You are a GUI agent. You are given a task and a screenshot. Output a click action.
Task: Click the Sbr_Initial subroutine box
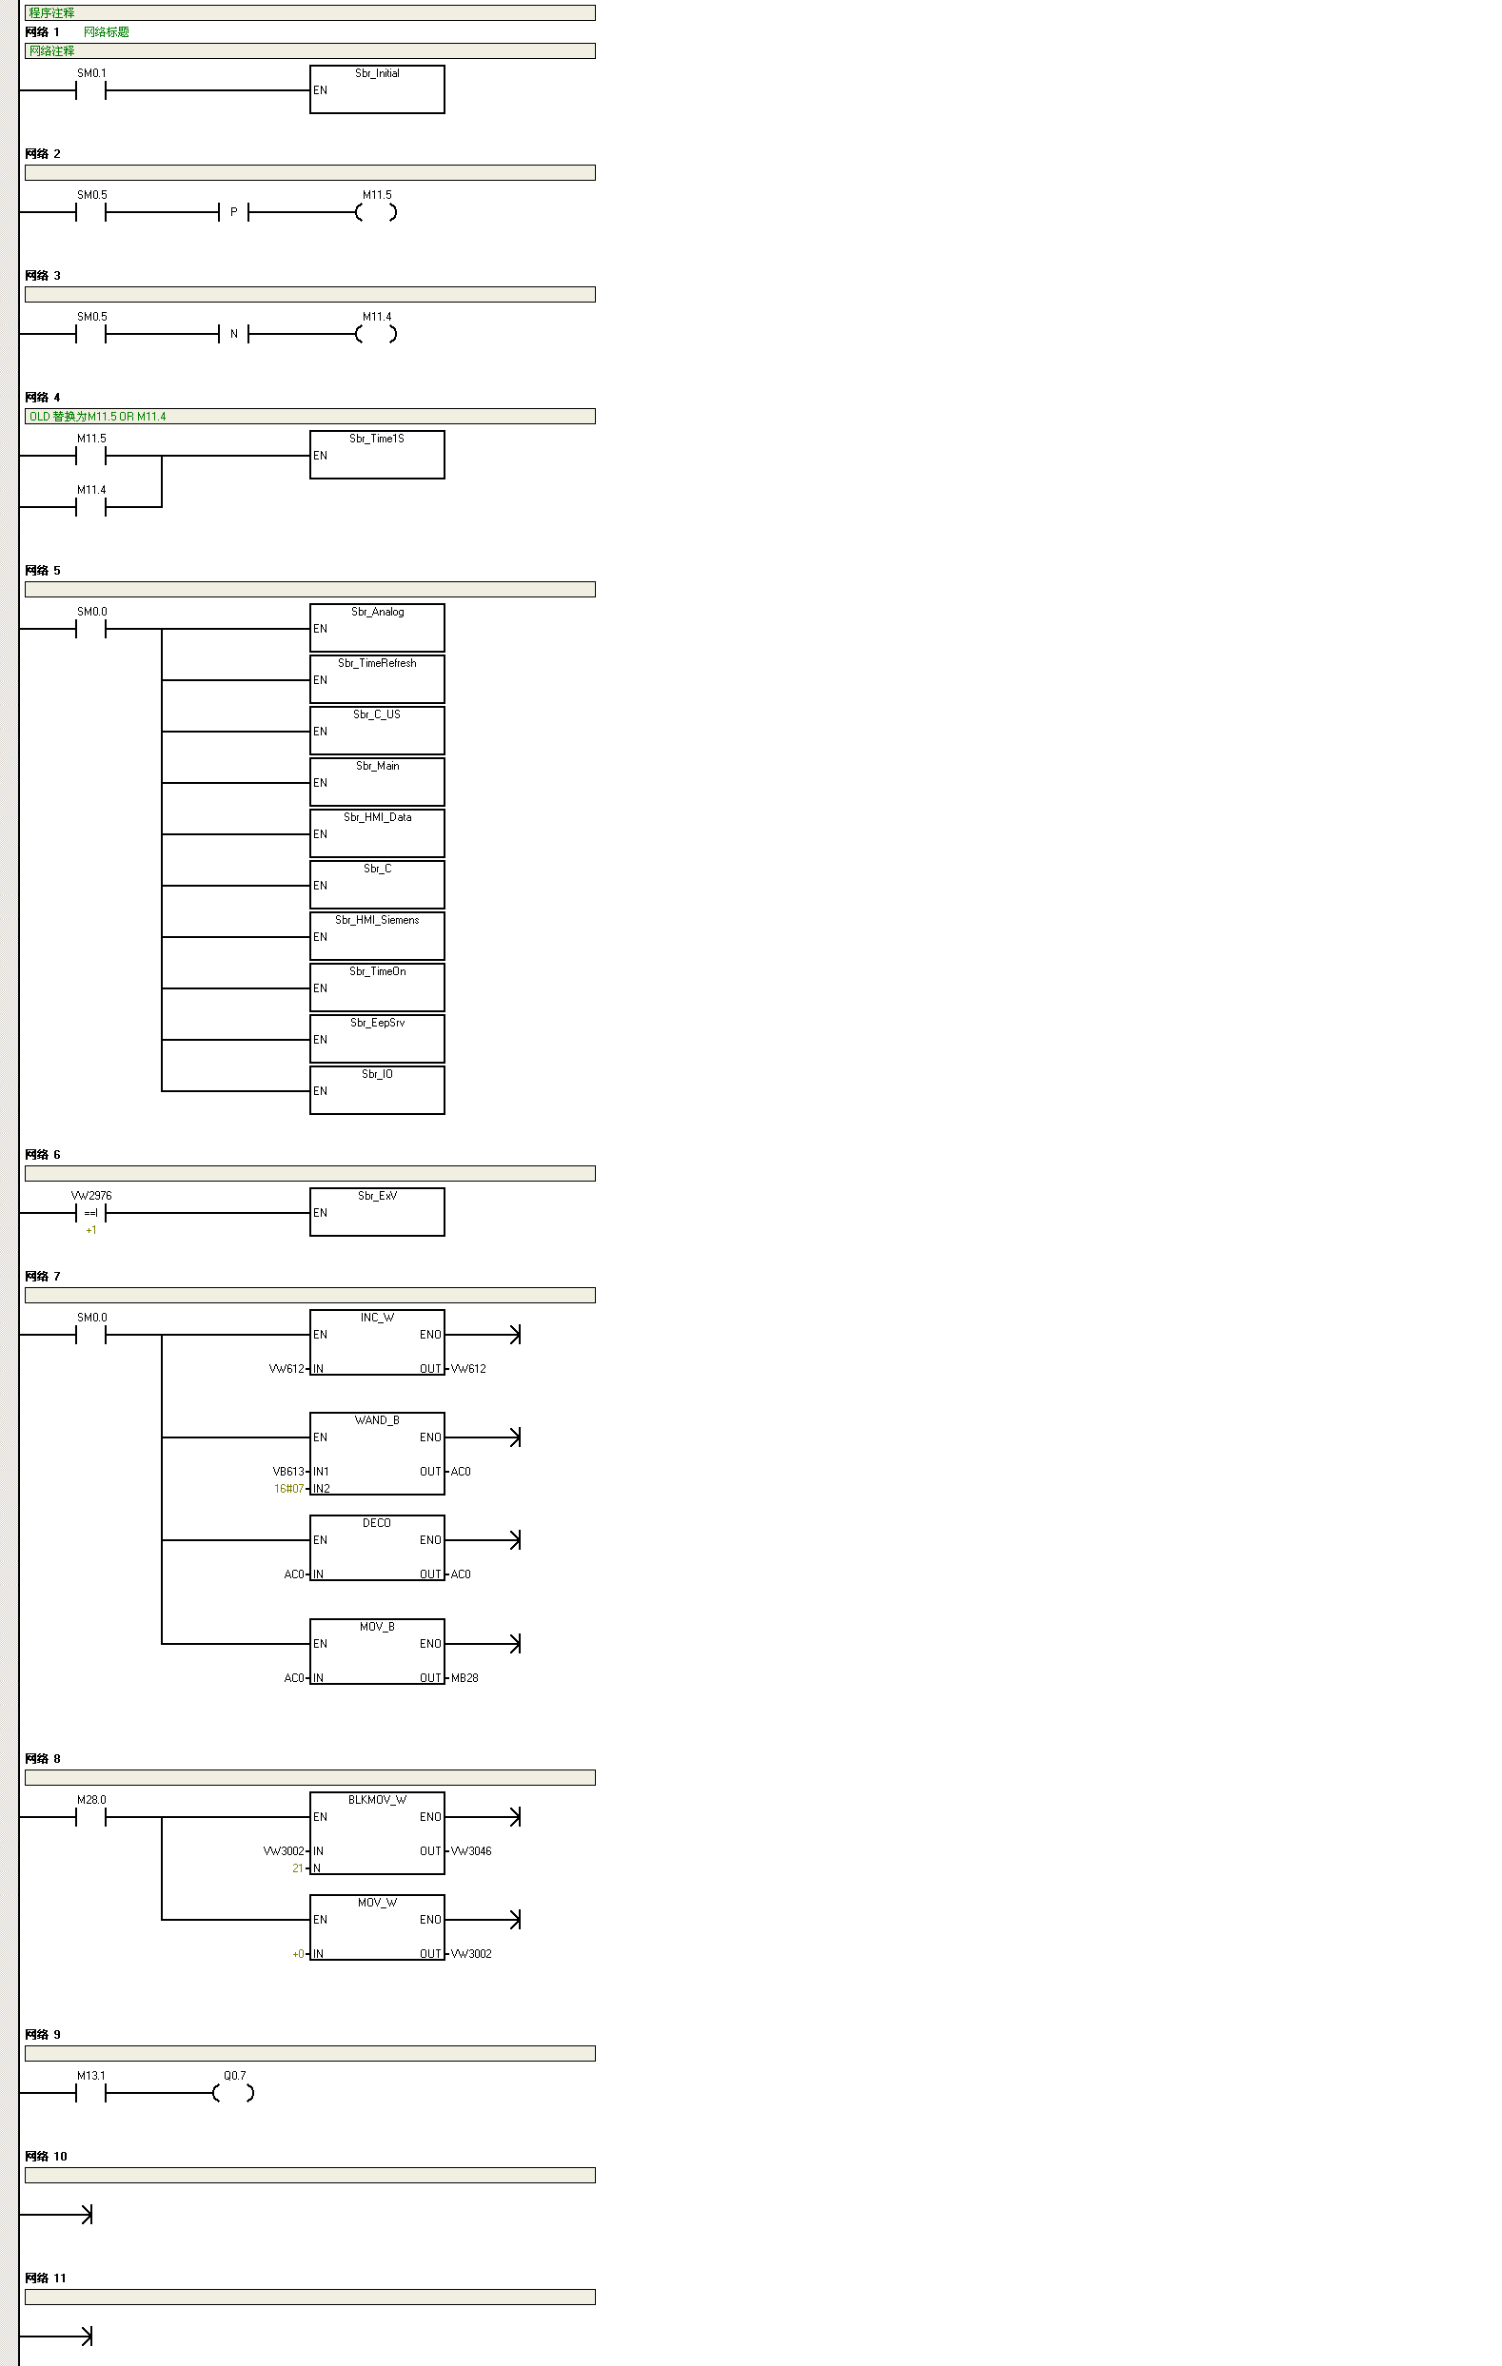pyautogui.click(x=377, y=89)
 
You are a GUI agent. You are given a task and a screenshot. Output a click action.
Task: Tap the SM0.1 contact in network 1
pyautogui.click(x=90, y=90)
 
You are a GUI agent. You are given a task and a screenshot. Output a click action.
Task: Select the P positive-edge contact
pyautogui.click(x=234, y=212)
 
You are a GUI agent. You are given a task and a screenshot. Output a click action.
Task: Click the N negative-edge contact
pyautogui.click(x=234, y=334)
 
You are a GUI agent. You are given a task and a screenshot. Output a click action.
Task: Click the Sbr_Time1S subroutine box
pyautogui.click(x=377, y=455)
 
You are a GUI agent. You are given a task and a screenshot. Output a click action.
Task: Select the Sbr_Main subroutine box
pyautogui.click(x=377, y=782)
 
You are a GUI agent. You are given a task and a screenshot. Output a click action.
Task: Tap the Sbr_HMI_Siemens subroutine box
pyautogui.click(x=377, y=936)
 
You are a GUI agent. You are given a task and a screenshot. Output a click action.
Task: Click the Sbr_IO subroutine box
pyautogui.click(x=377, y=1090)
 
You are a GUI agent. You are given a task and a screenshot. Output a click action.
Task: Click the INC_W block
pyautogui.click(x=377, y=1342)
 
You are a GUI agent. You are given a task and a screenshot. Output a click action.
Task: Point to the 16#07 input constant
pyautogui.click(x=288, y=1489)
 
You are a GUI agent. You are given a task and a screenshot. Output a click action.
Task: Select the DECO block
pyautogui.click(x=377, y=1548)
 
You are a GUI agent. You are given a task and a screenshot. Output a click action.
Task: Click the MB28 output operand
pyautogui.click(x=464, y=1678)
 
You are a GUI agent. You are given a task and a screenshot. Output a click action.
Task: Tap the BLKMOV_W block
pyautogui.click(x=377, y=1832)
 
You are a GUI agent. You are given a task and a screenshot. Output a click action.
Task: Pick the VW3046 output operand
pyautogui.click(x=472, y=1851)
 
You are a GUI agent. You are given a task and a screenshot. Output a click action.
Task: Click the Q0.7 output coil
pyautogui.click(x=234, y=2094)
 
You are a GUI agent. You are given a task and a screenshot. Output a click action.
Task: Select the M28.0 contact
pyautogui.click(x=90, y=1818)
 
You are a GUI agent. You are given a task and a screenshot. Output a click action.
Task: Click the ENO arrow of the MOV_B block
pyautogui.click(x=514, y=1644)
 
